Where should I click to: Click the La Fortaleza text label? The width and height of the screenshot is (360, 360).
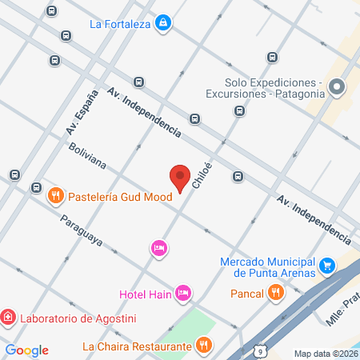coord(120,23)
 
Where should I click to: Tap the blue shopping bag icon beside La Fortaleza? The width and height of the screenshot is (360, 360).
coord(163,22)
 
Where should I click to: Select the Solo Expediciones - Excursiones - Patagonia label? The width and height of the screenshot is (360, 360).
coord(272,89)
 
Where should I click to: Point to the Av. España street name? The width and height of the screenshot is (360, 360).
coord(78,113)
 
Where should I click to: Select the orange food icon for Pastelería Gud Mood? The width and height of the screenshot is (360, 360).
coord(55,194)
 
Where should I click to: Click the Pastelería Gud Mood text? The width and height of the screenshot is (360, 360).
coord(119,196)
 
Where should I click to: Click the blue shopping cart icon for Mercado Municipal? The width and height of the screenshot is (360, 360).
coord(326,265)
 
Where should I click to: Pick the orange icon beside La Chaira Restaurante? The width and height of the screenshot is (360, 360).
coord(204,346)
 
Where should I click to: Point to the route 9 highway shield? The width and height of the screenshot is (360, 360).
coord(260,350)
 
